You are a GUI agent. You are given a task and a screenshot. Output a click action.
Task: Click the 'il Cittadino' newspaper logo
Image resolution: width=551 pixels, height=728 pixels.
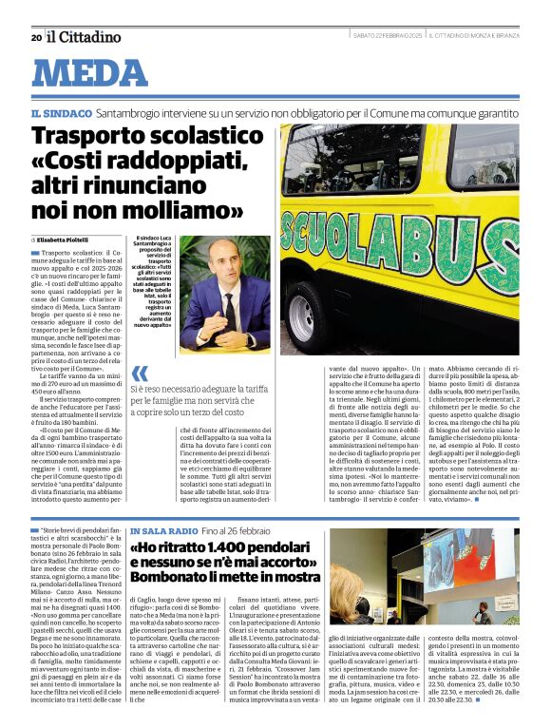tap(85, 36)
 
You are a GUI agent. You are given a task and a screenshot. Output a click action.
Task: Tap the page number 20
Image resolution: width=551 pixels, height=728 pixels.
tap(35, 37)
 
